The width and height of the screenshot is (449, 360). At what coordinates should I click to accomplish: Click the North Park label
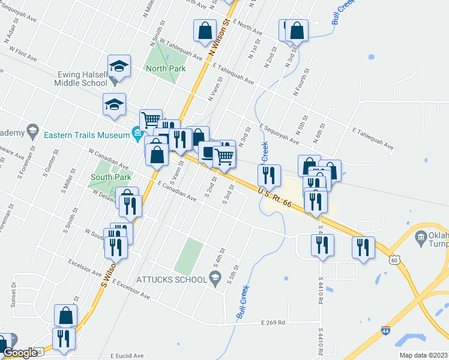(x=166, y=68)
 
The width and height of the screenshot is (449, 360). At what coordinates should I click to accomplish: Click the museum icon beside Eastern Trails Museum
(x=137, y=133)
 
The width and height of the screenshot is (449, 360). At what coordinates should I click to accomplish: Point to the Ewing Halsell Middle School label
(x=82, y=79)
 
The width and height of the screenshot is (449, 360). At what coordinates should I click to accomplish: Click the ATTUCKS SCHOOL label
(x=170, y=279)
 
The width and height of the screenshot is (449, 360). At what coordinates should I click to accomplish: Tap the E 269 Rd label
(x=273, y=323)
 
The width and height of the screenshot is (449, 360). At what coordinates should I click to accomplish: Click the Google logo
(x=20, y=353)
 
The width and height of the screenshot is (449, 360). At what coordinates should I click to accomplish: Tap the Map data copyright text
(x=423, y=355)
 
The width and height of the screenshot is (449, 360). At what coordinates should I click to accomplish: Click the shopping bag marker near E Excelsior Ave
(x=65, y=315)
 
